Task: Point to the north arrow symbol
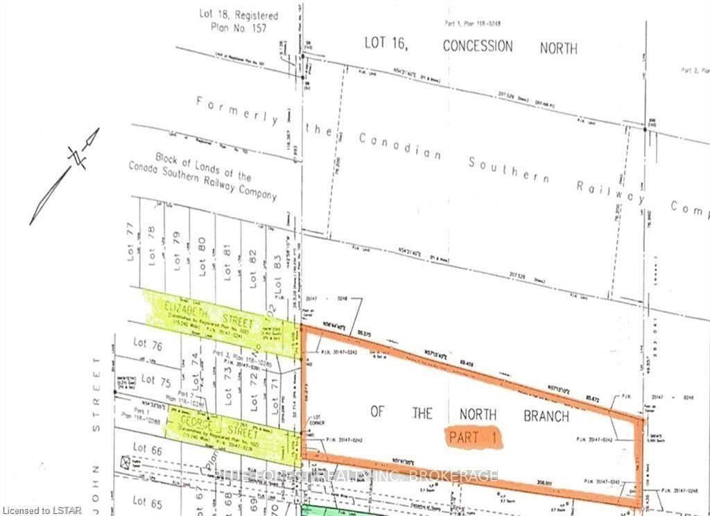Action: pos(67,176)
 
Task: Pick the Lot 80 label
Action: pos(202,256)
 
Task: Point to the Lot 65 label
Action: pos(148,501)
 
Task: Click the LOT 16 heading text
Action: pos(389,42)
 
